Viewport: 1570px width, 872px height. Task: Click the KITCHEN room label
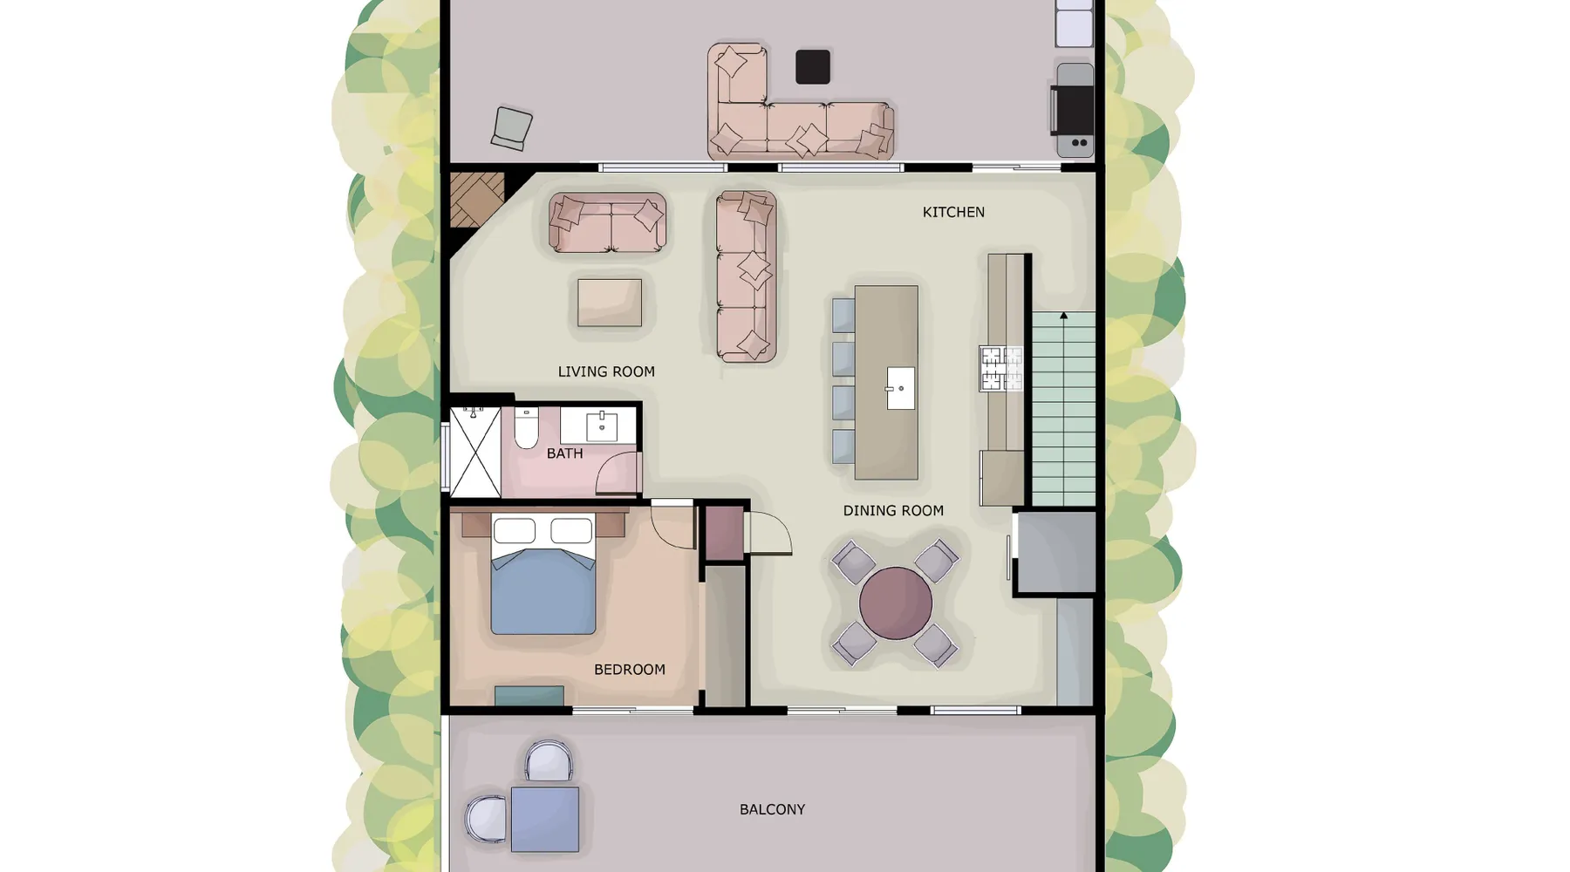coord(953,212)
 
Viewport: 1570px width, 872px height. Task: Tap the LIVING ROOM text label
coord(606,371)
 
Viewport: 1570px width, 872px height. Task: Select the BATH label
coord(564,453)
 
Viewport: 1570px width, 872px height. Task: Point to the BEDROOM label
coord(629,670)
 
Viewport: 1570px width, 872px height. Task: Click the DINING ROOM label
coord(893,511)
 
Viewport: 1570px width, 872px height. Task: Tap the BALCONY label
coord(772,809)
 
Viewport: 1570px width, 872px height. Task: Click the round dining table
coord(896,603)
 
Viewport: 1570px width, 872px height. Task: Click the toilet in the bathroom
coord(526,427)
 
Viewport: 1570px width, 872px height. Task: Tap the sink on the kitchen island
coord(900,388)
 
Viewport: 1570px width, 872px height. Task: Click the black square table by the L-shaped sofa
coord(813,67)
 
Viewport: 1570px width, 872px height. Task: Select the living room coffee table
coord(610,303)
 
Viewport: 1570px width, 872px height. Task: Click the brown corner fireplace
coord(477,200)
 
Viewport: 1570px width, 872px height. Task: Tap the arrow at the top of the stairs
coord(1063,316)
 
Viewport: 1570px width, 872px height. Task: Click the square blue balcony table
coord(545,819)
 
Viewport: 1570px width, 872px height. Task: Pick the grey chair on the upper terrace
coord(512,129)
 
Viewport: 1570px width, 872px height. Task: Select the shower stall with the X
coord(475,453)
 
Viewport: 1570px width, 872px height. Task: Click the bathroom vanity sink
coord(602,427)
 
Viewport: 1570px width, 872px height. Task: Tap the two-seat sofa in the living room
coord(607,222)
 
